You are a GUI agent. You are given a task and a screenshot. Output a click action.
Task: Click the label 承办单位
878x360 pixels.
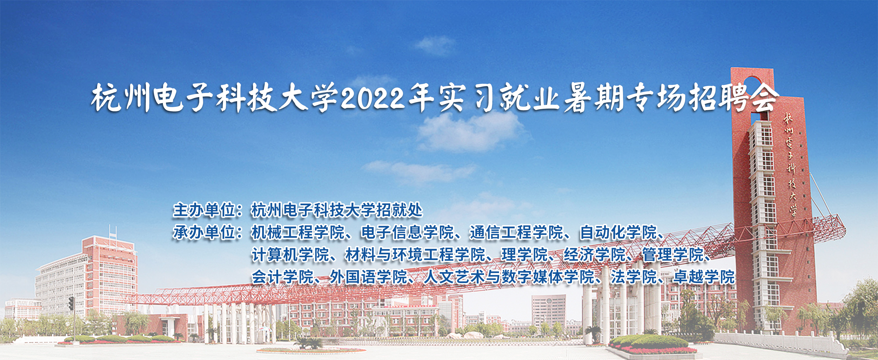204,232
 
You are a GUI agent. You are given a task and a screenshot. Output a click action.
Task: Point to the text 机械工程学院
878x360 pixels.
298,232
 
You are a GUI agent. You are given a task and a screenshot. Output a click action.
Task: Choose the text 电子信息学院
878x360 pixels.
407,232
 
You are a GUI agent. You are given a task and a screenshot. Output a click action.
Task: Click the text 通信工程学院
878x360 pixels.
516,232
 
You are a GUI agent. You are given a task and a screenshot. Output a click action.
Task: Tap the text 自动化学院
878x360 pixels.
618,232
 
